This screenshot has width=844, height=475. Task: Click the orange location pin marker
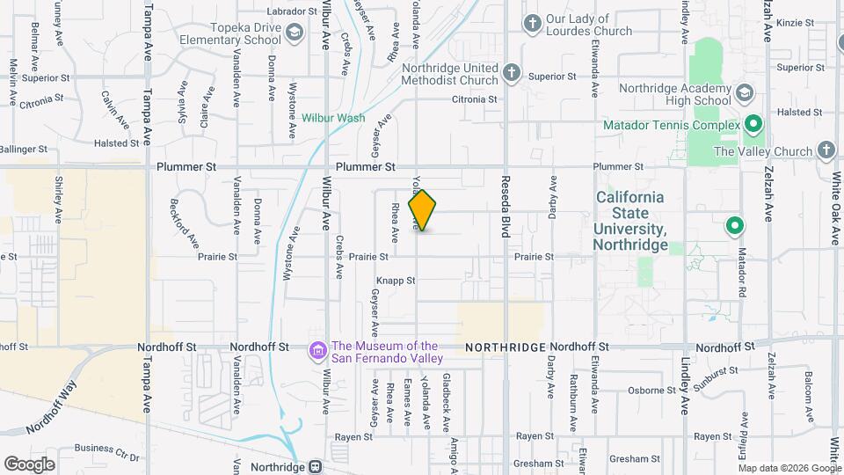coord(423,210)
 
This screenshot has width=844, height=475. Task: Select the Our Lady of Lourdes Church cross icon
coord(532,23)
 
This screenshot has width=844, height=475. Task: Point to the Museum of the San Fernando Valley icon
coord(316,352)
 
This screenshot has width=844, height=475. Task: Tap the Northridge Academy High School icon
coord(745,93)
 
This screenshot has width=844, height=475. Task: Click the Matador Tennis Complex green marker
coord(753,125)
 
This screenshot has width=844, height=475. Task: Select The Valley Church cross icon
coord(826,150)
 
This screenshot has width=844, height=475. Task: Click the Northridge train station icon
coord(315,466)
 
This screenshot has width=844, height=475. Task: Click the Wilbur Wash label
coord(333,118)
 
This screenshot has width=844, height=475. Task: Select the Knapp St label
coord(396,281)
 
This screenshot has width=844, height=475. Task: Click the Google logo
coord(29,464)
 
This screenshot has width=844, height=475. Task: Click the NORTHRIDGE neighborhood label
coord(506,347)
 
